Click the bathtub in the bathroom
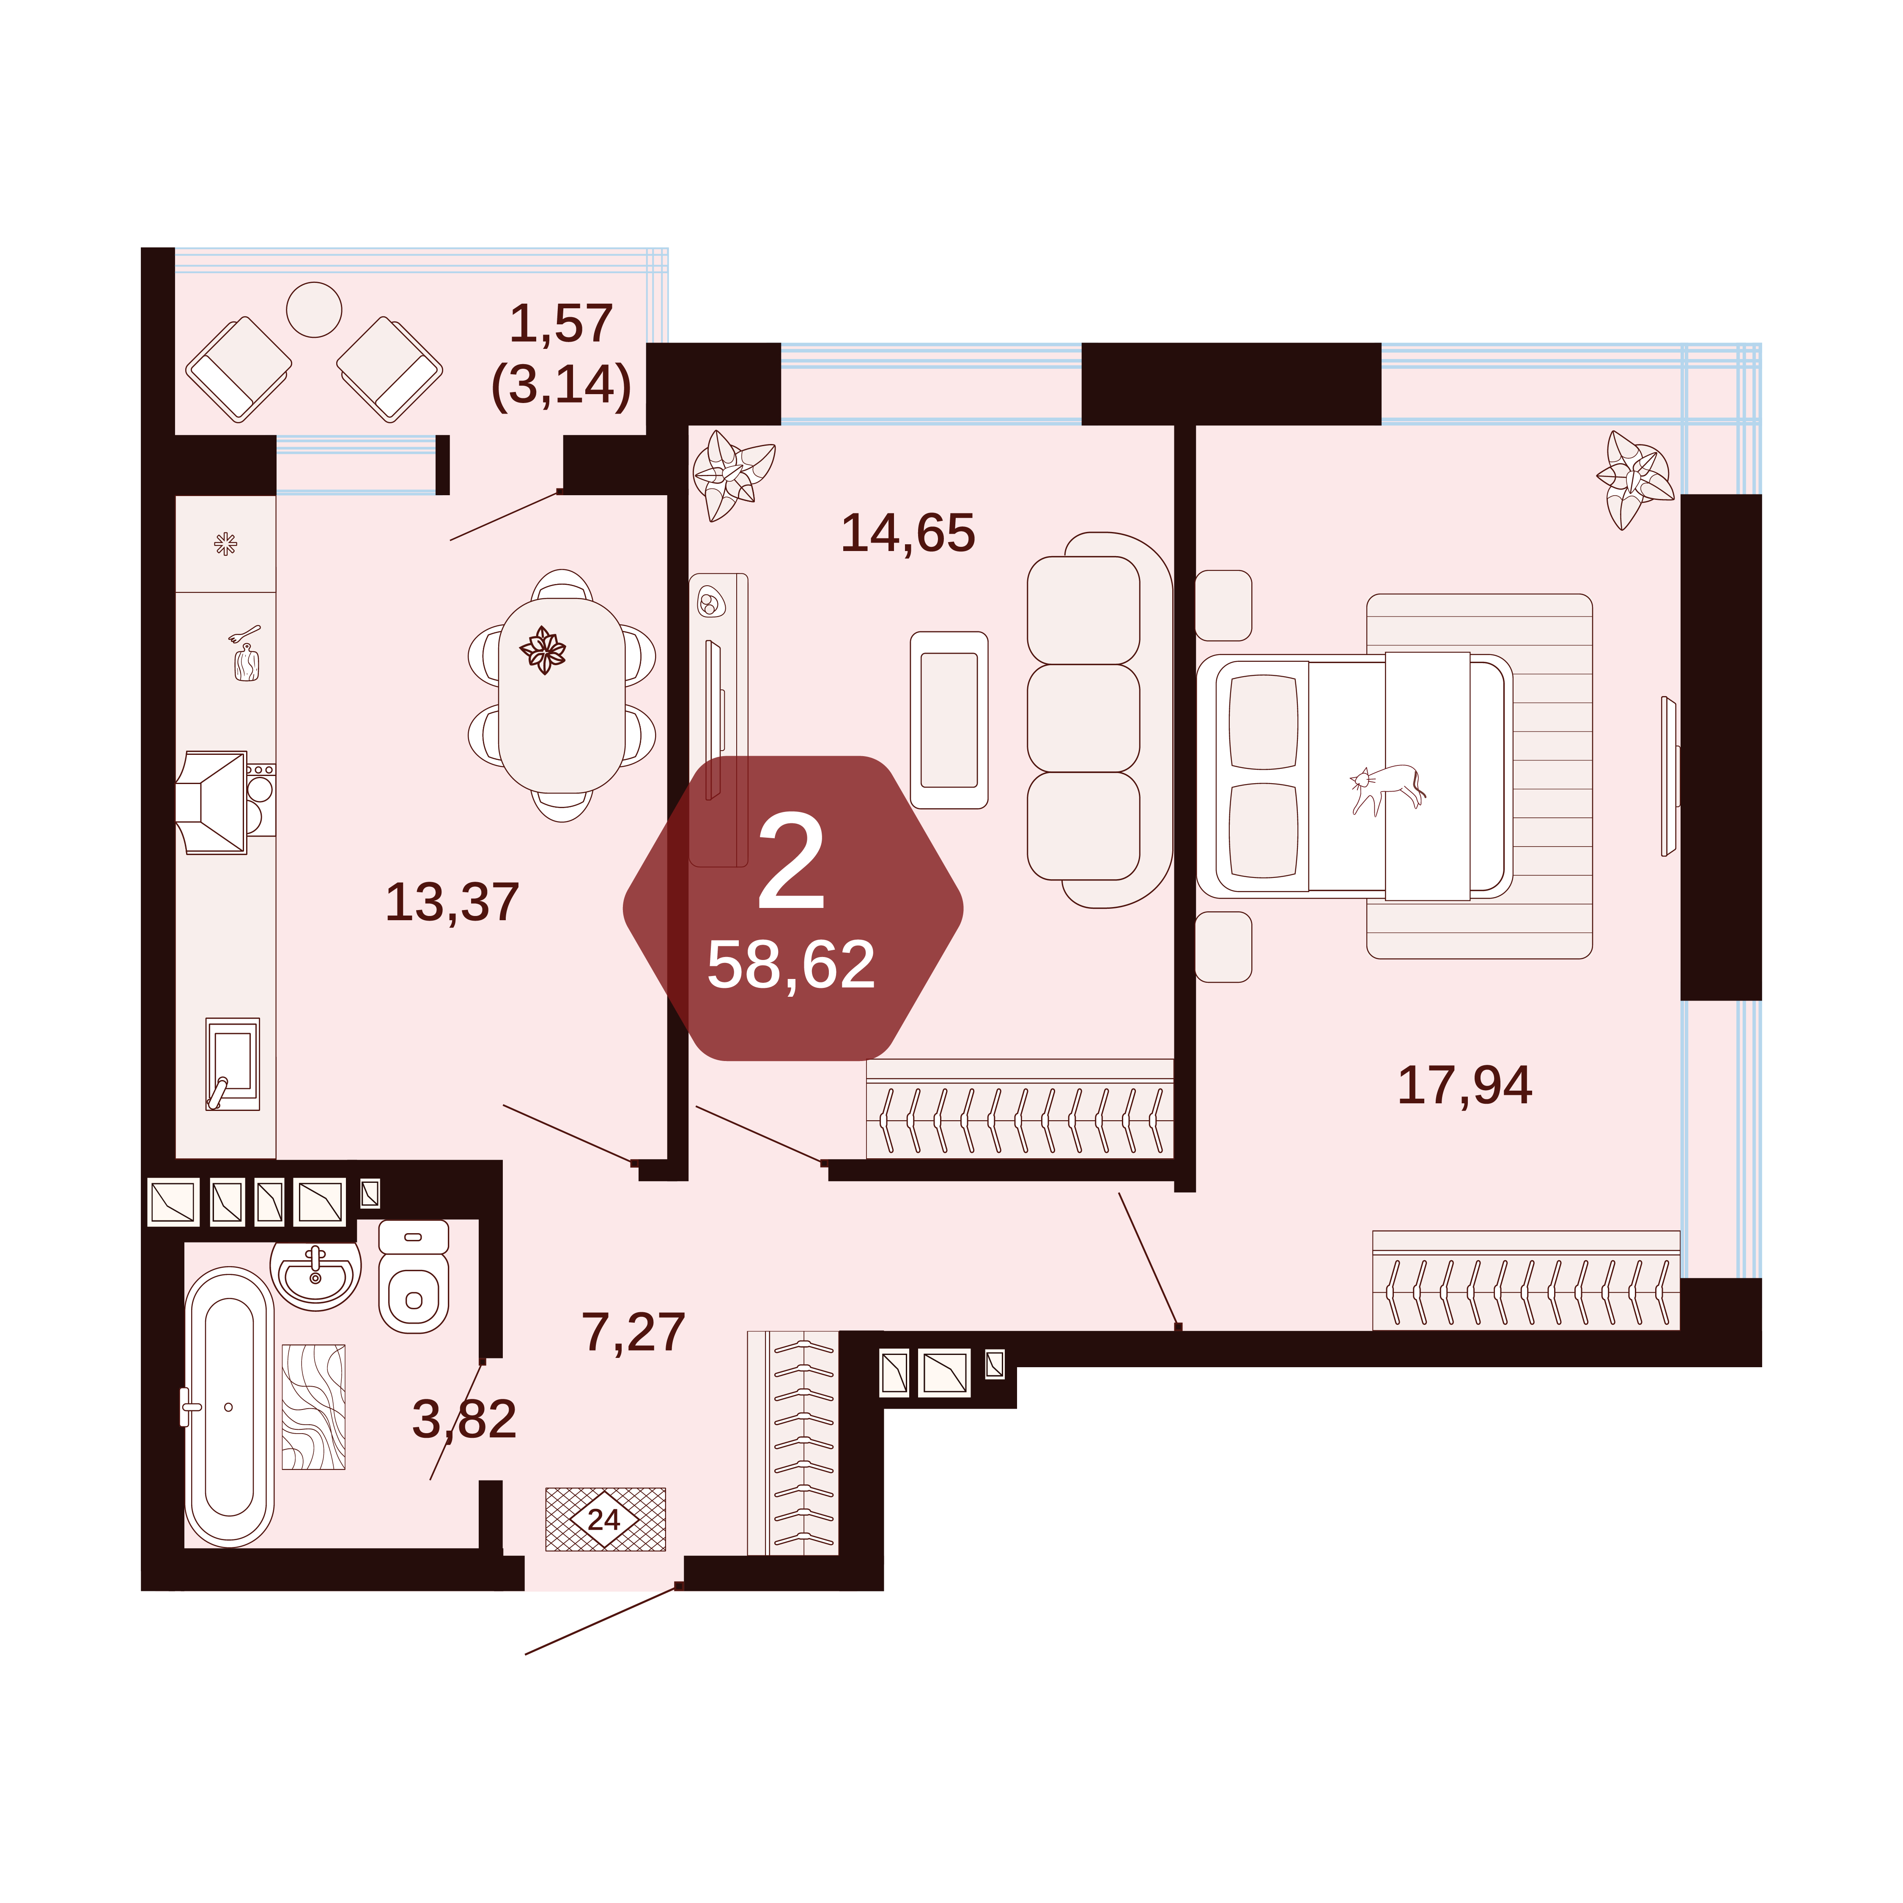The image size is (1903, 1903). point(230,1407)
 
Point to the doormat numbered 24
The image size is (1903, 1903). point(606,1519)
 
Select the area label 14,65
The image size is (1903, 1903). point(908,533)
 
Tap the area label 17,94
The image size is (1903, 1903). point(1465,1086)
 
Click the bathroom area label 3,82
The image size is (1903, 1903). point(464,1419)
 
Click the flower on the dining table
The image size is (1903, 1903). point(543,649)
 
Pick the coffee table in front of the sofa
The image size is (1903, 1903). point(949,720)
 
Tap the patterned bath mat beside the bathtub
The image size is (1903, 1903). point(313,1407)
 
